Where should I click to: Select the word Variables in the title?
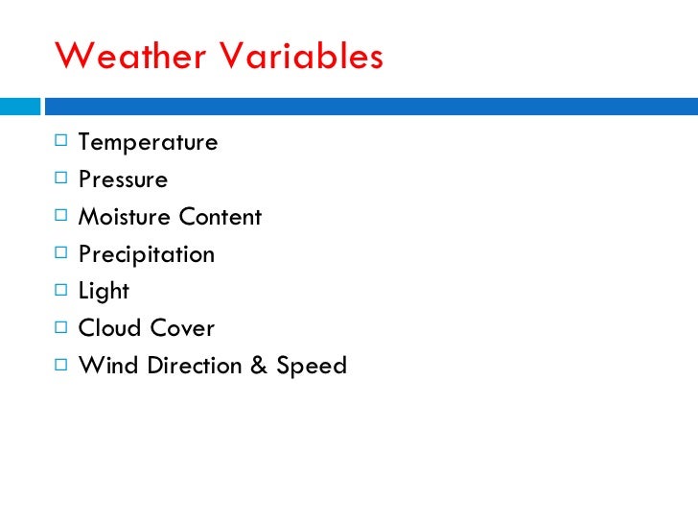(302, 57)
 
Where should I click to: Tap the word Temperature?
(148, 143)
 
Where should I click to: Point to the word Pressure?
(123, 180)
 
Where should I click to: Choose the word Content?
(218, 217)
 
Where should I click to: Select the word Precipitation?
(146, 255)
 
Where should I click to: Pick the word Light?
(104, 292)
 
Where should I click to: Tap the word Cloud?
(107, 328)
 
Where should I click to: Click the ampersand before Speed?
(258, 366)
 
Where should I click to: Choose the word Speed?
(312, 366)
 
